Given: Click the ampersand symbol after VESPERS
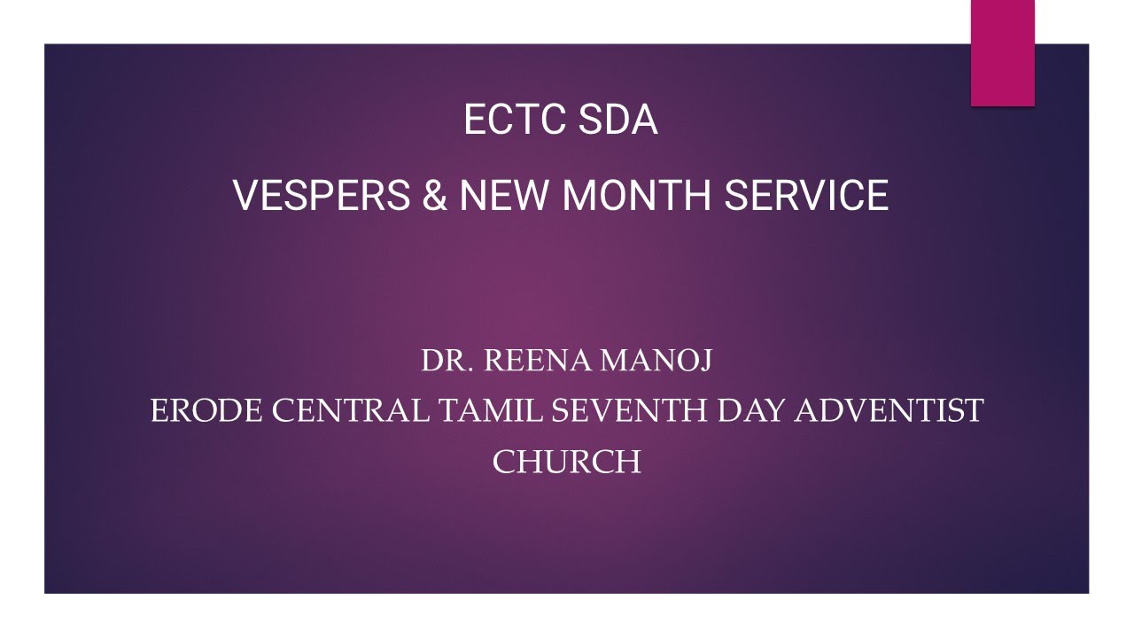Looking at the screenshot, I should [x=435, y=196].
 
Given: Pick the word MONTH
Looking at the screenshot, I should [x=638, y=196].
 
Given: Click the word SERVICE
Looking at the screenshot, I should [x=806, y=196].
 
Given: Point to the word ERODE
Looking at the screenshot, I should [x=206, y=411].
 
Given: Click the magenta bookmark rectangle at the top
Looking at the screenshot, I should [x=1002, y=53].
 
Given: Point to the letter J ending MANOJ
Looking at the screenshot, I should [x=704, y=362].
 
